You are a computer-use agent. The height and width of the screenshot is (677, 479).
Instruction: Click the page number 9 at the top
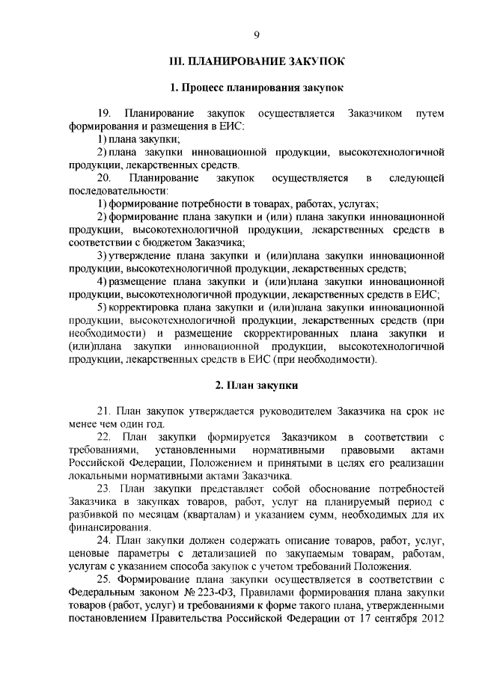coord(256,35)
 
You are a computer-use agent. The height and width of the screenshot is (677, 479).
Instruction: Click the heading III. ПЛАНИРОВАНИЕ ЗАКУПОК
coord(256,62)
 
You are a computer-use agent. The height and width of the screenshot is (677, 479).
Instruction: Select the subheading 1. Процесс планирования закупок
coord(256,88)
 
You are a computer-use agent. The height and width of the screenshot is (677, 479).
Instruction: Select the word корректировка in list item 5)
coord(144,307)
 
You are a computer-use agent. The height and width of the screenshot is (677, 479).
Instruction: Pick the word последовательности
coord(117,191)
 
